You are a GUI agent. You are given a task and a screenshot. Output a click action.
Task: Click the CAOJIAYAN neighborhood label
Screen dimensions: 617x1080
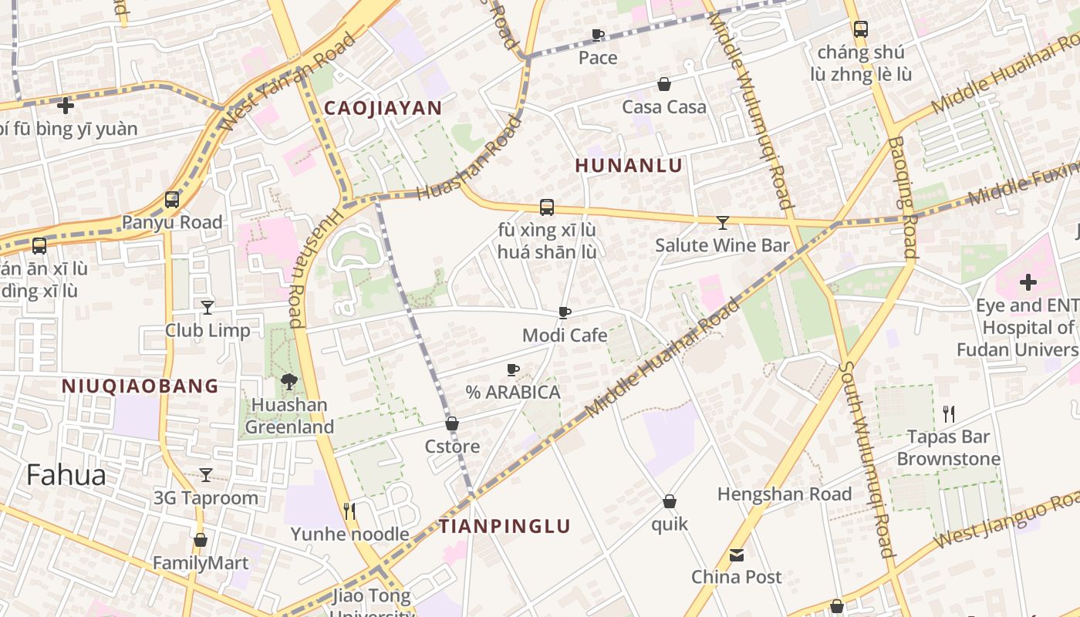tap(383, 108)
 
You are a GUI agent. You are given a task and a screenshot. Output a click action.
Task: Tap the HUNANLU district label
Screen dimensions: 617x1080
tap(629, 166)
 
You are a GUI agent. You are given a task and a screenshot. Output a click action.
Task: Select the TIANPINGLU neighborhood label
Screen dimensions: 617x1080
tap(505, 527)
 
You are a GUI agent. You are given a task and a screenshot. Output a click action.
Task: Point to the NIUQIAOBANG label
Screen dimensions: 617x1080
tap(140, 386)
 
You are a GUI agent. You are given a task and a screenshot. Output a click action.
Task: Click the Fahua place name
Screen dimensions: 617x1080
tap(66, 475)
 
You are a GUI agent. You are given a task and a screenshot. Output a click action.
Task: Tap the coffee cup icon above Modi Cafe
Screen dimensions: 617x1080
tap(565, 312)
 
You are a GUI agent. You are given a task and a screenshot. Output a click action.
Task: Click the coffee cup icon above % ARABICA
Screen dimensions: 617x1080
tap(513, 369)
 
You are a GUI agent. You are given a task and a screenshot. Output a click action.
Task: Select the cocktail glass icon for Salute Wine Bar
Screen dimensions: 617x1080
tap(723, 223)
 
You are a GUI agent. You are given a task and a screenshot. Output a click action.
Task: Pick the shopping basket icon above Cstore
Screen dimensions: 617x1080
tap(452, 423)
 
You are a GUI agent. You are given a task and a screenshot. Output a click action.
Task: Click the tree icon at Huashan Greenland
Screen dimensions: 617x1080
tap(289, 381)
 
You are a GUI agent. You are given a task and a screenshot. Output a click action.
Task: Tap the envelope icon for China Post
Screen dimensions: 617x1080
tap(737, 555)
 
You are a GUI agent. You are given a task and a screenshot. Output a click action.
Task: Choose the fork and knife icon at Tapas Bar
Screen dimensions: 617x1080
tap(949, 414)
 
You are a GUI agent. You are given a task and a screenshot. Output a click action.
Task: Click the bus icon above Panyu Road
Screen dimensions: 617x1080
tap(172, 200)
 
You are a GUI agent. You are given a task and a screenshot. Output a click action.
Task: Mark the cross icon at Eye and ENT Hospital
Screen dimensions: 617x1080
tap(1028, 282)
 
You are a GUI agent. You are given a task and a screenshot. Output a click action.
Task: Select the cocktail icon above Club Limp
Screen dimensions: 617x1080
tap(208, 308)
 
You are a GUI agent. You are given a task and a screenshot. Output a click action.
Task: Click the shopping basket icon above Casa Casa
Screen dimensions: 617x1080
tap(663, 84)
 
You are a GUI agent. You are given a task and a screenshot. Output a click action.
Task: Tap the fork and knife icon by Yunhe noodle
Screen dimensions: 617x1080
tap(349, 511)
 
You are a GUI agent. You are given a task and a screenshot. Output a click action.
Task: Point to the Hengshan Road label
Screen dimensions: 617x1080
tap(785, 494)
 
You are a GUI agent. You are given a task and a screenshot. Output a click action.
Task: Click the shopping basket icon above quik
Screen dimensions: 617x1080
tap(670, 501)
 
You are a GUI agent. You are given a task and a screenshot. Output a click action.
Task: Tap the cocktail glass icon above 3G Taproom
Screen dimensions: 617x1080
tap(206, 475)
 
